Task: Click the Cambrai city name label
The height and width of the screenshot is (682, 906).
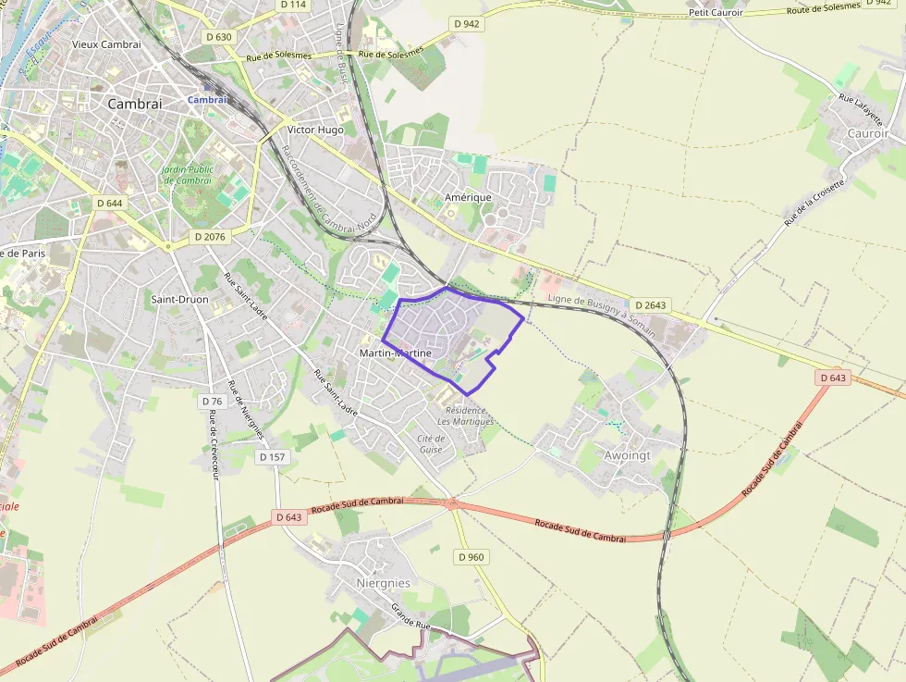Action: (134, 104)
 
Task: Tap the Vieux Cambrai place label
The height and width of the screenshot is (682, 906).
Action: (106, 43)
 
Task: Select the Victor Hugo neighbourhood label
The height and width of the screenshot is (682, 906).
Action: (315, 130)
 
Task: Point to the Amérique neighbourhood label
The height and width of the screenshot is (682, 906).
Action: (468, 197)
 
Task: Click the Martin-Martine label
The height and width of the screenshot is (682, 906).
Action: (395, 353)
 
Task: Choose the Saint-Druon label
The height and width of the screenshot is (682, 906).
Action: (179, 299)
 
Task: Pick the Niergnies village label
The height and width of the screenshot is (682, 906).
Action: (383, 583)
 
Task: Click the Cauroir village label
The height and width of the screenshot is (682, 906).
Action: (867, 133)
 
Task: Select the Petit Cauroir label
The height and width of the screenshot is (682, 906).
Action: (716, 12)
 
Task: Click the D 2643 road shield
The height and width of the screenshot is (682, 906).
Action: (651, 304)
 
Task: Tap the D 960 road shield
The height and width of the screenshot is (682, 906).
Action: (471, 557)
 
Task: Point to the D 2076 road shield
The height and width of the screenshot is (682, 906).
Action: (209, 237)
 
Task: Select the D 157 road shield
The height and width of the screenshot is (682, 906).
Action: (272, 457)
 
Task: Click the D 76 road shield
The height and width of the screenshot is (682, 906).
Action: (212, 402)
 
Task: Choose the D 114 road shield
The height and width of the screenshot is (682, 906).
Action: (292, 5)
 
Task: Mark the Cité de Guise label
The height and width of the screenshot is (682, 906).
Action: (431, 443)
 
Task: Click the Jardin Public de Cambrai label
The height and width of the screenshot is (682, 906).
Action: (188, 174)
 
